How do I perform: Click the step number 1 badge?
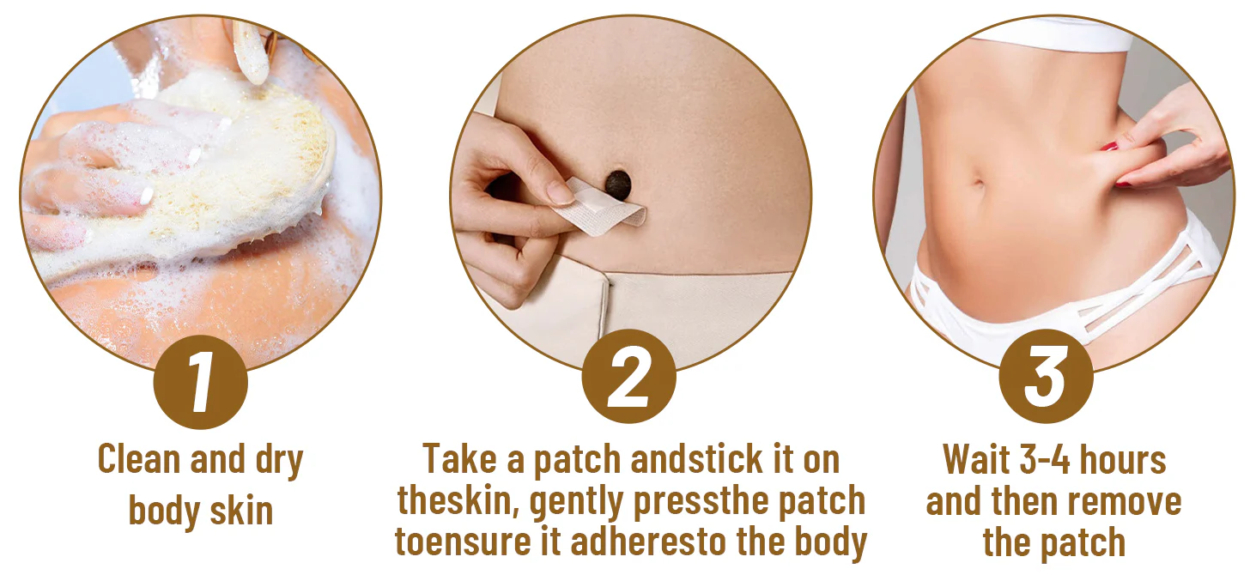[200, 383]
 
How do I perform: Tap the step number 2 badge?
[629, 377]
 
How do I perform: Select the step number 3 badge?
[1046, 377]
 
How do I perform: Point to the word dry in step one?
[279, 462]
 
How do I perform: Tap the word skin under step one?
[241, 510]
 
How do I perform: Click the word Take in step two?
[459, 459]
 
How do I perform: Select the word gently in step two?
[576, 502]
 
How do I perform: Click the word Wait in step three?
[976, 459]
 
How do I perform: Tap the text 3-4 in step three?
[1045, 459]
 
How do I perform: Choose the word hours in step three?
[1123, 459]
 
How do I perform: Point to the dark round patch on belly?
[618, 185]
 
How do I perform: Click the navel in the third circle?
[978, 182]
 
